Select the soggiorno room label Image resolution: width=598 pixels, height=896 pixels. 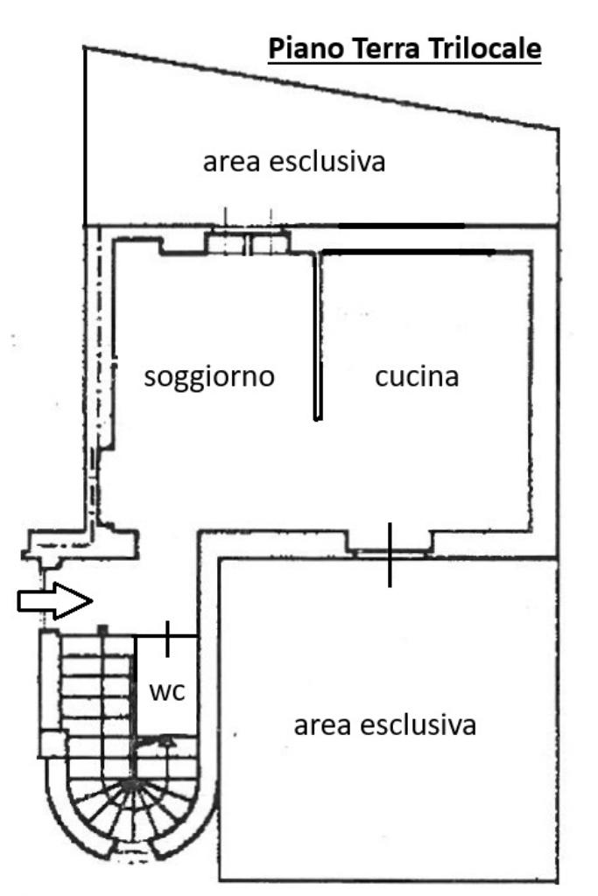pyautogui.click(x=209, y=377)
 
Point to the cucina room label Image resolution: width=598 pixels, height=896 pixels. pyautogui.click(x=417, y=377)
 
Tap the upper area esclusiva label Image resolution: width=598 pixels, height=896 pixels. pyautogui.click(x=294, y=162)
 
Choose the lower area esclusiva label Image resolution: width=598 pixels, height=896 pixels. pyautogui.click(x=385, y=725)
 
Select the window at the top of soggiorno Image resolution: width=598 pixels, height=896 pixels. pyautogui.click(x=247, y=242)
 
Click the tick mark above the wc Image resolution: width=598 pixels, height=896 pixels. pyautogui.click(x=167, y=637)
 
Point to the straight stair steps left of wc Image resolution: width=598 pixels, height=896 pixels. pyautogui.click(x=96, y=691)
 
